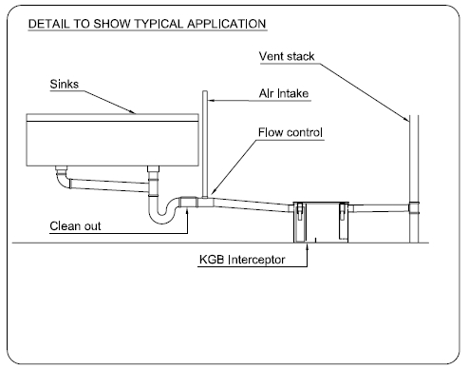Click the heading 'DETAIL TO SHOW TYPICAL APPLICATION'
point(147,24)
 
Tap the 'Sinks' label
point(65,84)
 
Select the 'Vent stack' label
point(287,56)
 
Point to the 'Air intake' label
point(284,93)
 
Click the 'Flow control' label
point(290,132)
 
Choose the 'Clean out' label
point(75,226)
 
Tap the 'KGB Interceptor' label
point(242,260)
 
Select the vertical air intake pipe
point(205,145)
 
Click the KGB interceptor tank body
point(321,223)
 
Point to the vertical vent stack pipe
point(414,179)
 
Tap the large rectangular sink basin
point(112,140)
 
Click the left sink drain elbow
point(63,178)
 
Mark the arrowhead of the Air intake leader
point(211,101)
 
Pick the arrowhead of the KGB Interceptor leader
point(307,245)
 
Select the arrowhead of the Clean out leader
point(187,211)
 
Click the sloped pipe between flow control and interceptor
point(252,204)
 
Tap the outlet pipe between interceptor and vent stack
point(379,208)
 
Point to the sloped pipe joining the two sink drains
point(109,185)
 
